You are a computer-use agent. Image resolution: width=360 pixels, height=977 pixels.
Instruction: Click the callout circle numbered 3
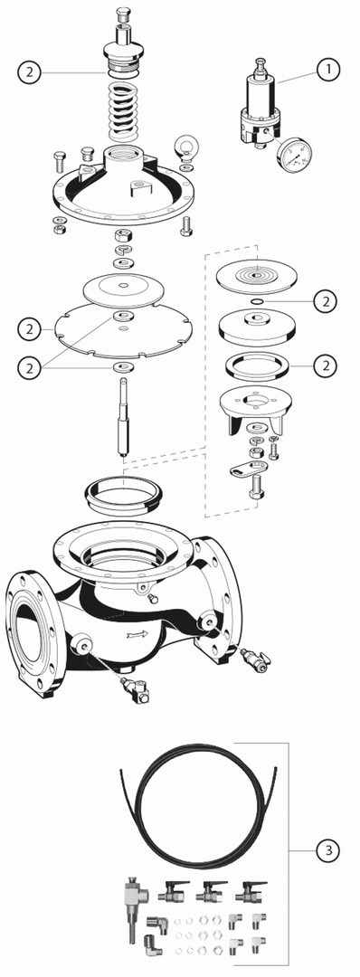328,849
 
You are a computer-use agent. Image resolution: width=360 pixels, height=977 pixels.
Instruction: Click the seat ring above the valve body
123,491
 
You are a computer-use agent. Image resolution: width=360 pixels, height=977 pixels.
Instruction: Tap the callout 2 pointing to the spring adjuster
29,71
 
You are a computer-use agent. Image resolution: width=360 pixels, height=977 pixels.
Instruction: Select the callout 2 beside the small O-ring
325,302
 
